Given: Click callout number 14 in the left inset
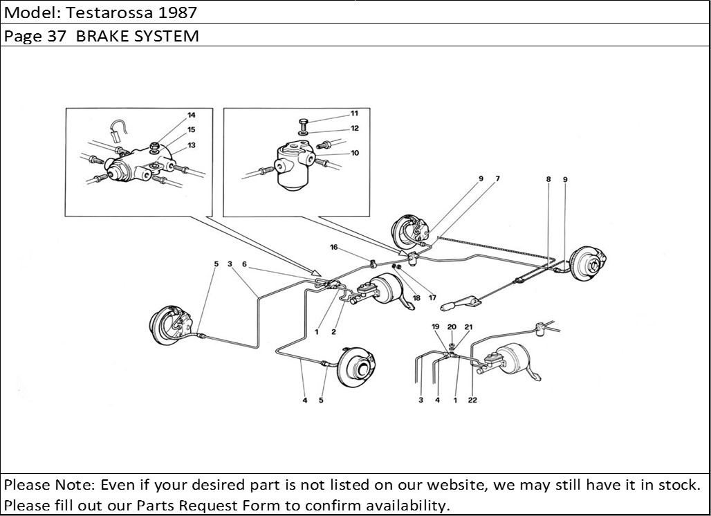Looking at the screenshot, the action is tap(192, 116).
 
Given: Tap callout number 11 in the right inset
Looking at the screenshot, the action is tap(354, 113).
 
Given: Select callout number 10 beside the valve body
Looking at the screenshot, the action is tap(355, 153).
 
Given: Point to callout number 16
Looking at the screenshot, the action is tap(334, 247).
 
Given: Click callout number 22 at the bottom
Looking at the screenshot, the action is tap(472, 400).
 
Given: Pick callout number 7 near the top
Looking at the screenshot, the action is tap(497, 178).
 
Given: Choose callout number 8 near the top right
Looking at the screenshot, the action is tap(548, 179).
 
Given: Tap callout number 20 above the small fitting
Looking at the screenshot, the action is tap(452, 327).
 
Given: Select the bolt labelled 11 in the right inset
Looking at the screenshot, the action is tap(304, 123).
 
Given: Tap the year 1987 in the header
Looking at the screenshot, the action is tap(177, 12).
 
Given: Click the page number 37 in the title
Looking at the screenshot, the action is tap(57, 36).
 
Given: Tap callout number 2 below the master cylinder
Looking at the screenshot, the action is tap(333, 332).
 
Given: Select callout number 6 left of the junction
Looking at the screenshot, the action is tap(244, 264).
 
